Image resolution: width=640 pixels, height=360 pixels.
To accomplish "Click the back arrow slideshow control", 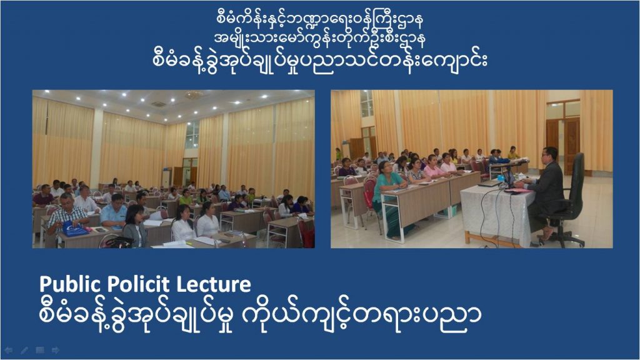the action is [x=9, y=350].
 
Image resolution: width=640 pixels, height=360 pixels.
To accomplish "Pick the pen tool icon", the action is [x=24, y=350].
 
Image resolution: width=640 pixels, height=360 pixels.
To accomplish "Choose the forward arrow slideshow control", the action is [x=56, y=350].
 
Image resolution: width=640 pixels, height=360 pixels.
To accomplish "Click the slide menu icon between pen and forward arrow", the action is [x=40, y=350].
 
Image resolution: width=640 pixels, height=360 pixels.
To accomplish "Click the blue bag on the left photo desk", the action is [x=74, y=229].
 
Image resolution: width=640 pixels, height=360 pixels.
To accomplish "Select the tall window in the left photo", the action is [x=192, y=135].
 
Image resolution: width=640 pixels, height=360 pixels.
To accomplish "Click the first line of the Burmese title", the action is [x=319, y=19].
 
